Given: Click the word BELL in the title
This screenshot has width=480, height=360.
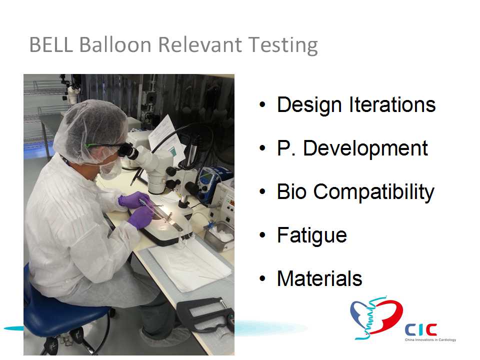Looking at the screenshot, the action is tap(51, 44).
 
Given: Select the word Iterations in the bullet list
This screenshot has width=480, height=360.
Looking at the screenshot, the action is tap(392, 104).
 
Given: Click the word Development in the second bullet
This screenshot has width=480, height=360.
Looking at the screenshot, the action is tap(365, 148).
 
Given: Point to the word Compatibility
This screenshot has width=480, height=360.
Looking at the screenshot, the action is tap(374, 192).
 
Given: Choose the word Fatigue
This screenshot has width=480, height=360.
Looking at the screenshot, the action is tap(312, 235).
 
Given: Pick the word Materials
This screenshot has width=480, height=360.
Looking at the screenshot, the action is tap(319, 278).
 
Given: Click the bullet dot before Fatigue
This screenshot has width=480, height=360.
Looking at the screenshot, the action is tap(262, 235).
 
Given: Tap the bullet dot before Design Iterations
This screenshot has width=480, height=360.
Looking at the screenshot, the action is tap(262, 104).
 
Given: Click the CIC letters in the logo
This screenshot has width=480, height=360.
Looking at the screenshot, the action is tap(420, 329).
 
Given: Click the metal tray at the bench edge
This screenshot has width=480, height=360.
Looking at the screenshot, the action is tap(219, 236).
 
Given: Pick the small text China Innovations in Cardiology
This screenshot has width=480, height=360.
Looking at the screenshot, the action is tap(430, 340).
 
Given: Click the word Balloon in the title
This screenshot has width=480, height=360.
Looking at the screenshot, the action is tap(115, 44).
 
